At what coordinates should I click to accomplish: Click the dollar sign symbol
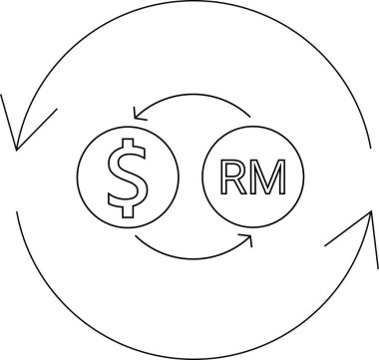click(x=126, y=177)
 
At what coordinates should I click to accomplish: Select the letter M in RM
click(x=263, y=179)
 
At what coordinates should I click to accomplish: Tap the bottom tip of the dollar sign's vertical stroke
click(x=126, y=217)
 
